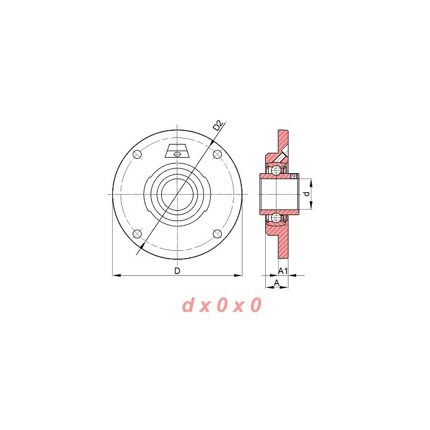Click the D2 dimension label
click(218, 125)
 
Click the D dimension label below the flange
click(177, 271)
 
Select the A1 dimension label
click(282, 271)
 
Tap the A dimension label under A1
click(277, 282)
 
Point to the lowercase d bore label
click(307, 193)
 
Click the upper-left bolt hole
click(137, 155)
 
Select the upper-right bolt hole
click(217, 155)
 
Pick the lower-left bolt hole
click(137, 234)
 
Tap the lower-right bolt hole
click(217, 234)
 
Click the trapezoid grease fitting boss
click(177, 150)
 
